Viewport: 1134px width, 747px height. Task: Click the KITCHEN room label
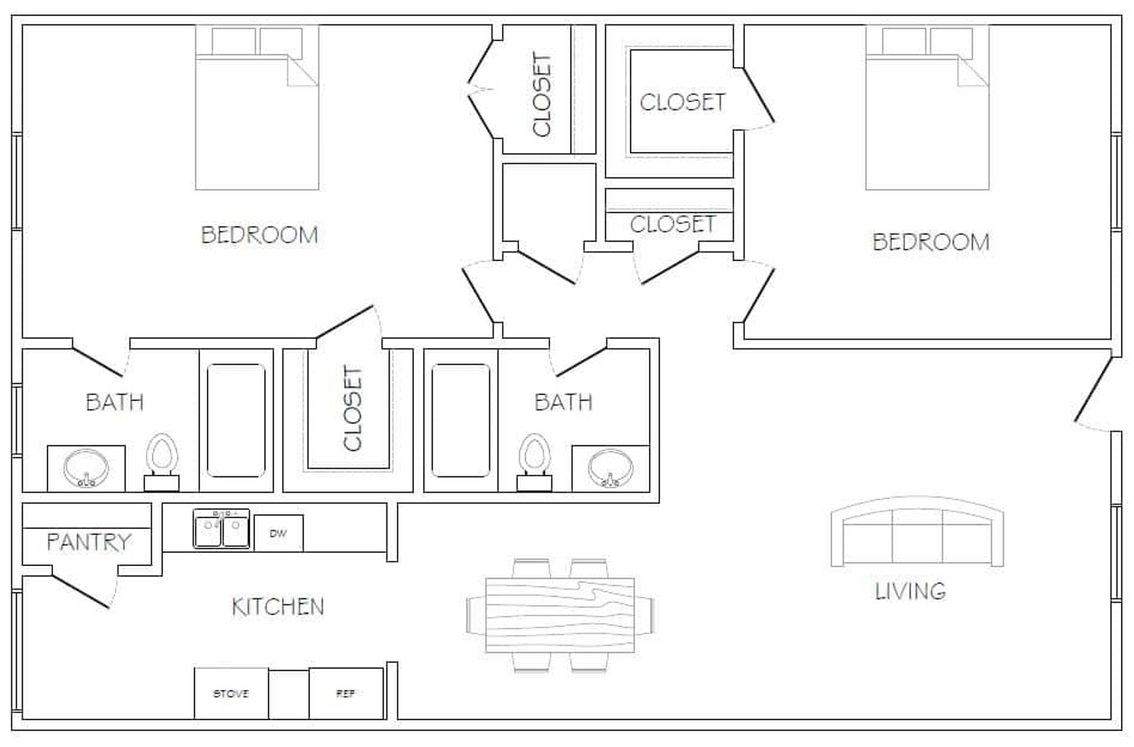[x=278, y=607]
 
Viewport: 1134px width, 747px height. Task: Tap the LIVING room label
[x=910, y=591]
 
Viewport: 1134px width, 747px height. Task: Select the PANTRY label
[x=89, y=542]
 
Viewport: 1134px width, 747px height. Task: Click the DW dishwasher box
[x=278, y=533]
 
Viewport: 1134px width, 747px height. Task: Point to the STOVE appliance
[x=231, y=693]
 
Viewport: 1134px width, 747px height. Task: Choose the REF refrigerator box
[x=346, y=693]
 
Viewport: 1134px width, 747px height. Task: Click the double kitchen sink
[x=221, y=528]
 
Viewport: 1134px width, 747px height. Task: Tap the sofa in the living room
[x=917, y=532]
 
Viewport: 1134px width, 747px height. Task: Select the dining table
[x=560, y=615]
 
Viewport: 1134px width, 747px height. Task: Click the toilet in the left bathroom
[x=162, y=462]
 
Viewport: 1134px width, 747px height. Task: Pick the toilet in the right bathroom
[x=535, y=462]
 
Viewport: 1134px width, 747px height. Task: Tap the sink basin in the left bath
[x=86, y=468]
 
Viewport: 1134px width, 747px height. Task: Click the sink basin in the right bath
[x=611, y=468]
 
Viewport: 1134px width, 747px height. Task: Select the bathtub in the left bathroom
[x=236, y=420]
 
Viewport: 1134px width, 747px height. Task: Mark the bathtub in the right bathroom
[x=461, y=420]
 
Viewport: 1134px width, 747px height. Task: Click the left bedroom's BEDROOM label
[x=259, y=235]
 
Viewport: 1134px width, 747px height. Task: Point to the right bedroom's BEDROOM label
[x=931, y=242]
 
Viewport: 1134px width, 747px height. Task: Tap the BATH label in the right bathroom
[x=563, y=402]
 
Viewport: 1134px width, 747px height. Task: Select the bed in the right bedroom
[x=927, y=108]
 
